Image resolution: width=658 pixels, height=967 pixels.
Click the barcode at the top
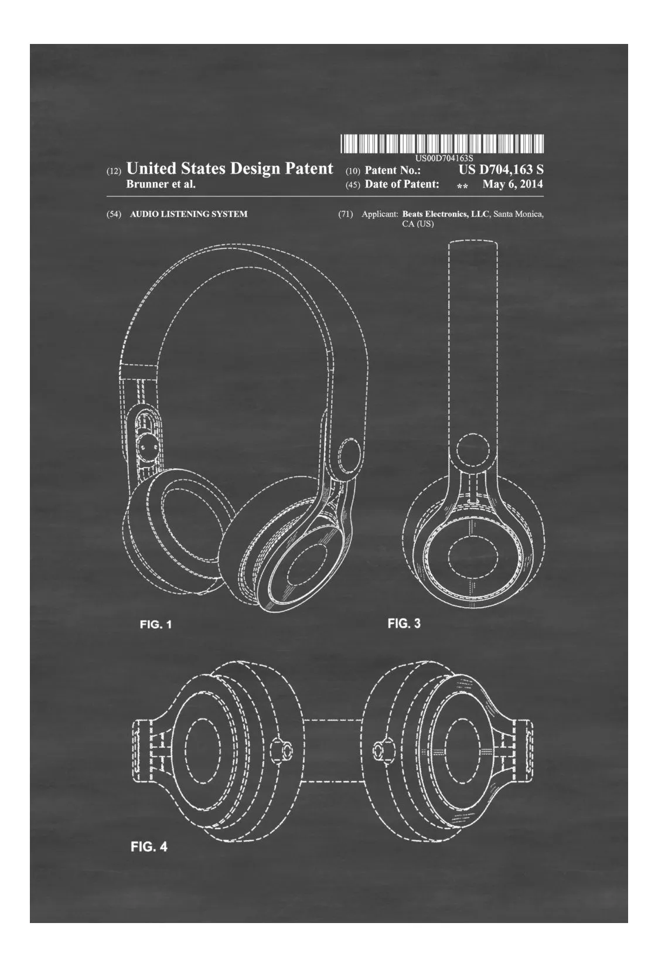(x=442, y=144)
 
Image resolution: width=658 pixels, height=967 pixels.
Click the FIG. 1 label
(x=155, y=624)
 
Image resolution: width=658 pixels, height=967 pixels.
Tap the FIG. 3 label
(x=404, y=623)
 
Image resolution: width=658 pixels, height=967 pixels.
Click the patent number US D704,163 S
(x=501, y=169)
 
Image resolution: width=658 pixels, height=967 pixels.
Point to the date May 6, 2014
(x=513, y=184)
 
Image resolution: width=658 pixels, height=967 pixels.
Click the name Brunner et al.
(x=161, y=184)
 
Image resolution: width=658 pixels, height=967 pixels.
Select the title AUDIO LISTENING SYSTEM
(x=189, y=214)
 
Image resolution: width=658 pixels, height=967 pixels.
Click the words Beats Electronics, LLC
(x=446, y=214)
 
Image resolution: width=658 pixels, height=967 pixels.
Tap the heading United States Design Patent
(x=230, y=168)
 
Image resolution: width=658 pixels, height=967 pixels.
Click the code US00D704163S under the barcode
(x=444, y=158)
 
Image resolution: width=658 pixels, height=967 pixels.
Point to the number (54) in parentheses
(x=114, y=214)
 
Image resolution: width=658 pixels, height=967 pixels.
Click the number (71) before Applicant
(x=345, y=214)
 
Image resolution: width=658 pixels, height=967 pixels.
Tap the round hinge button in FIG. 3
(x=473, y=451)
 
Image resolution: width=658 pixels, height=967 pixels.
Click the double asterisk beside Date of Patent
(x=462, y=186)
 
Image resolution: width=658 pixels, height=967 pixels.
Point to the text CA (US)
(x=418, y=224)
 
